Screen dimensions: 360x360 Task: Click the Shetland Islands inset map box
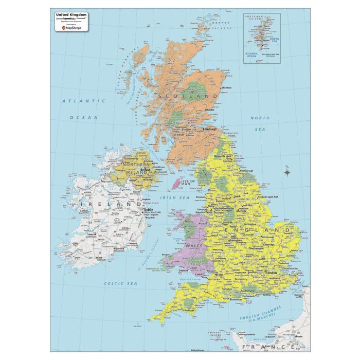(x=261, y=38)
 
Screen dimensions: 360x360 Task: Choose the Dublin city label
(x=150, y=209)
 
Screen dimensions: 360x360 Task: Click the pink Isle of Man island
(x=176, y=183)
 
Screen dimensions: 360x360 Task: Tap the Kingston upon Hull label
(x=268, y=197)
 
